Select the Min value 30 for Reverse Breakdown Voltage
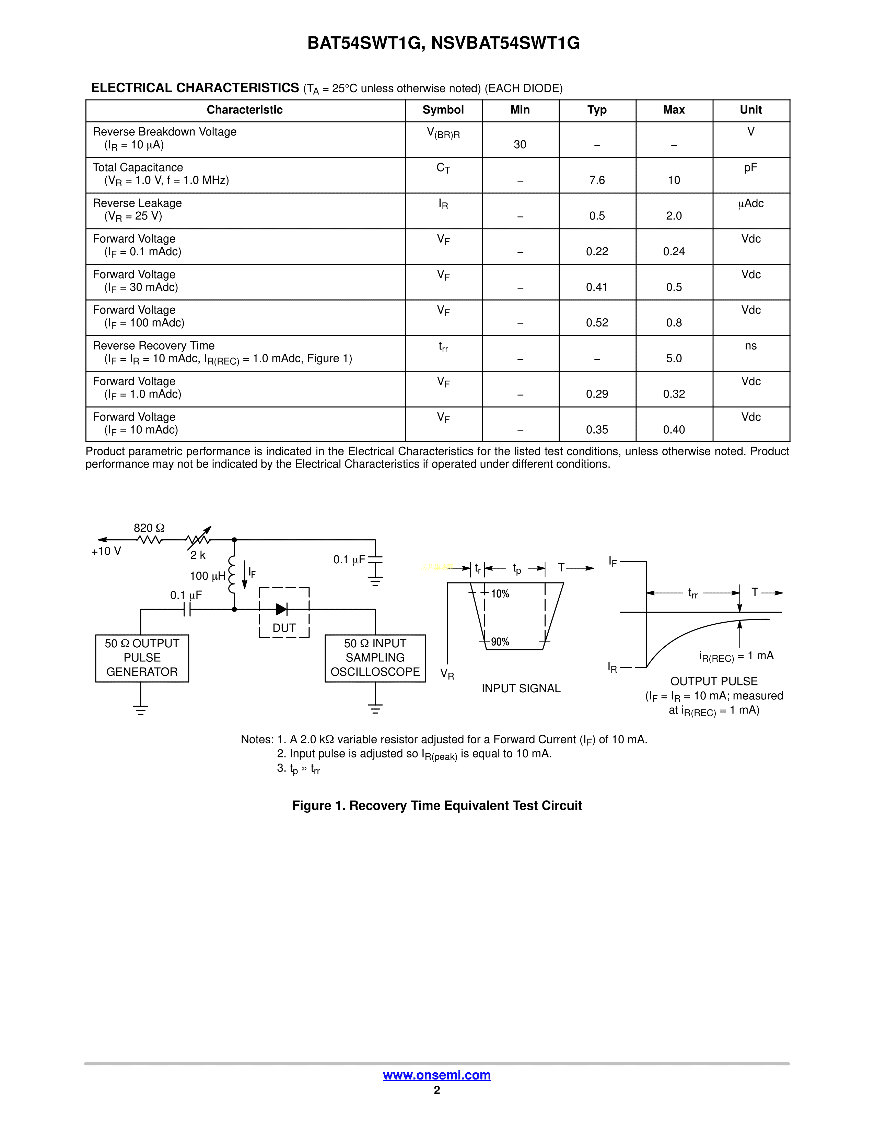[x=520, y=145]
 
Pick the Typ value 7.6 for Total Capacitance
[x=597, y=180]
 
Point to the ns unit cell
[x=750, y=346]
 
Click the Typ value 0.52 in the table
[x=597, y=323]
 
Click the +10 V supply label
[x=106, y=552]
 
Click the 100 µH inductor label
[x=207, y=576]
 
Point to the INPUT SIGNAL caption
[x=521, y=688]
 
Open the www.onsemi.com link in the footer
[x=437, y=1075]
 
